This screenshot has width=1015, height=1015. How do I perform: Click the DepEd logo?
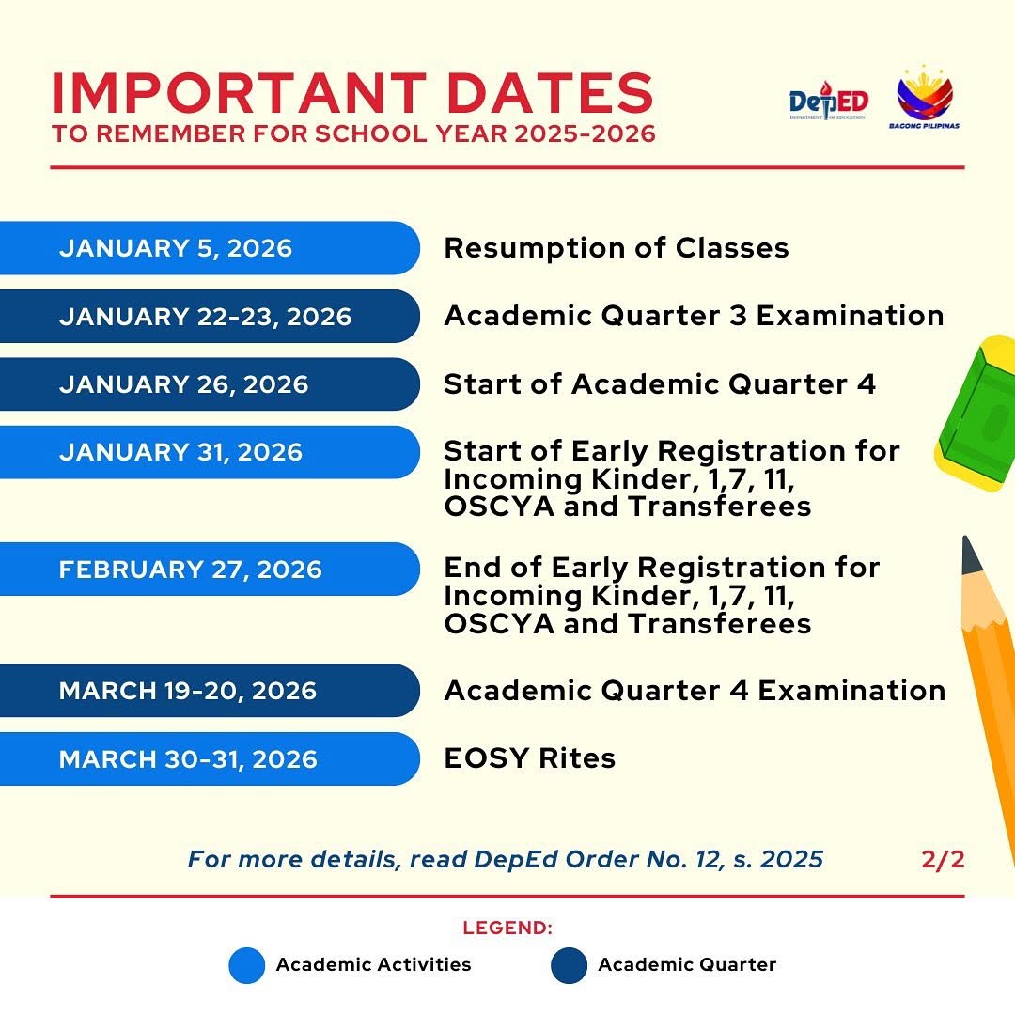pyautogui.click(x=828, y=101)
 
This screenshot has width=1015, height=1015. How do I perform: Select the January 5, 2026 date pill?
pyautogui.click(x=209, y=248)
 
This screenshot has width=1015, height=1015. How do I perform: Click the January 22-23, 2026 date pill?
pyautogui.click(x=209, y=317)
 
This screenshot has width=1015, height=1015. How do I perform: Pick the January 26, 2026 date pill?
pyautogui.click(x=209, y=384)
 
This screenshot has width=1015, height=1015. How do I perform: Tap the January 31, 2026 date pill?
pyautogui.click(x=209, y=452)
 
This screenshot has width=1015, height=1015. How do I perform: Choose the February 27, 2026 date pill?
pyautogui.click(x=209, y=570)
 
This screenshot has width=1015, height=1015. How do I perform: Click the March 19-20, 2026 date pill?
pyautogui.click(x=209, y=691)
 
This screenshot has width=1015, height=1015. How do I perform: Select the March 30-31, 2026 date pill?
pyautogui.click(x=209, y=758)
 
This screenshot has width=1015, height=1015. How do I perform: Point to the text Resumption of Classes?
pyautogui.click(x=616, y=248)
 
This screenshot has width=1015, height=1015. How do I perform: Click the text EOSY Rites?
pyautogui.click(x=529, y=758)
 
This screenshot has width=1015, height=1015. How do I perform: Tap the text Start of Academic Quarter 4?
pyautogui.click(x=660, y=384)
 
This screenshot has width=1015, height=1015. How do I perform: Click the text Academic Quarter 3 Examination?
pyautogui.click(x=694, y=316)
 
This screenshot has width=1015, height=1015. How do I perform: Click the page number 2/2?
pyautogui.click(x=943, y=859)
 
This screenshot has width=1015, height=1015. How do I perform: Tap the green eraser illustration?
pyautogui.click(x=977, y=414)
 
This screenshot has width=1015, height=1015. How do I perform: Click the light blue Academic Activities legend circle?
pyautogui.click(x=247, y=965)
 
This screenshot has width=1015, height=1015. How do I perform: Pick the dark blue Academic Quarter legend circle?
pyautogui.click(x=569, y=965)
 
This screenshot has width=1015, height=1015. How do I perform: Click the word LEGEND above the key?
pyautogui.click(x=507, y=929)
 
